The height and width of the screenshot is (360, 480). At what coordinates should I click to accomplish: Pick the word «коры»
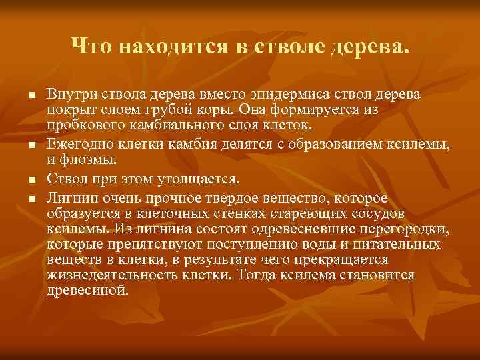[x=221, y=109]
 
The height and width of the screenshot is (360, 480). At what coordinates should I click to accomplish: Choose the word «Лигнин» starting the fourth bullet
[x=69, y=197]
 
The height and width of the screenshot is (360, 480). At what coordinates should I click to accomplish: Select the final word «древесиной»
[x=88, y=290]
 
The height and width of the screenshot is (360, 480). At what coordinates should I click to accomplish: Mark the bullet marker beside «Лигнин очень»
[x=31, y=198]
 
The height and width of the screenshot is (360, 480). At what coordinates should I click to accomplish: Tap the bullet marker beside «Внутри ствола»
[x=31, y=94]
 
